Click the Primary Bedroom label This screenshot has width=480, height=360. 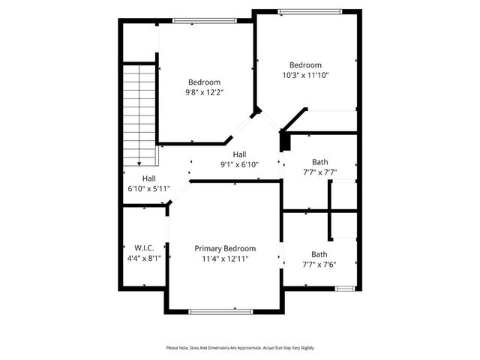pos(225,248)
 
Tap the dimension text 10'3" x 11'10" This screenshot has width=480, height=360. pos(305,75)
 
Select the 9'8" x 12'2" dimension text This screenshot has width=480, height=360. pos(204,92)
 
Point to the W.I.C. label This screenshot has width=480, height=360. pos(144,248)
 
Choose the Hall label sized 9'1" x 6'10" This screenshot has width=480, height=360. pos(239,154)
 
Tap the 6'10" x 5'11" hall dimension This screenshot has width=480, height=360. pos(149,188)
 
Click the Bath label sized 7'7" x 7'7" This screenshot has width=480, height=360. pos(319,162)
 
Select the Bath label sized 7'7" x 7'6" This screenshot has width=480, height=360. pos(319,254)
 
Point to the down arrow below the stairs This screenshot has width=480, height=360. pos(139,163)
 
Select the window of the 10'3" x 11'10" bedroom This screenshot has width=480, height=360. pos(310,11)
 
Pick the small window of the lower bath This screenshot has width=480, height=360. pos(345,288)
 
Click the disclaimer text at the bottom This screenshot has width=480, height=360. pos(240,348)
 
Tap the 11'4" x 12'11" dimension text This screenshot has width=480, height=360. pos(225,259)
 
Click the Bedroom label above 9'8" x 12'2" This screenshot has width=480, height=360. pos(204,82)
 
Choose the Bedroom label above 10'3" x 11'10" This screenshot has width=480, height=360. pos(305,64)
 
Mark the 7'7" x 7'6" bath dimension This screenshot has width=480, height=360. pos(319,264)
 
